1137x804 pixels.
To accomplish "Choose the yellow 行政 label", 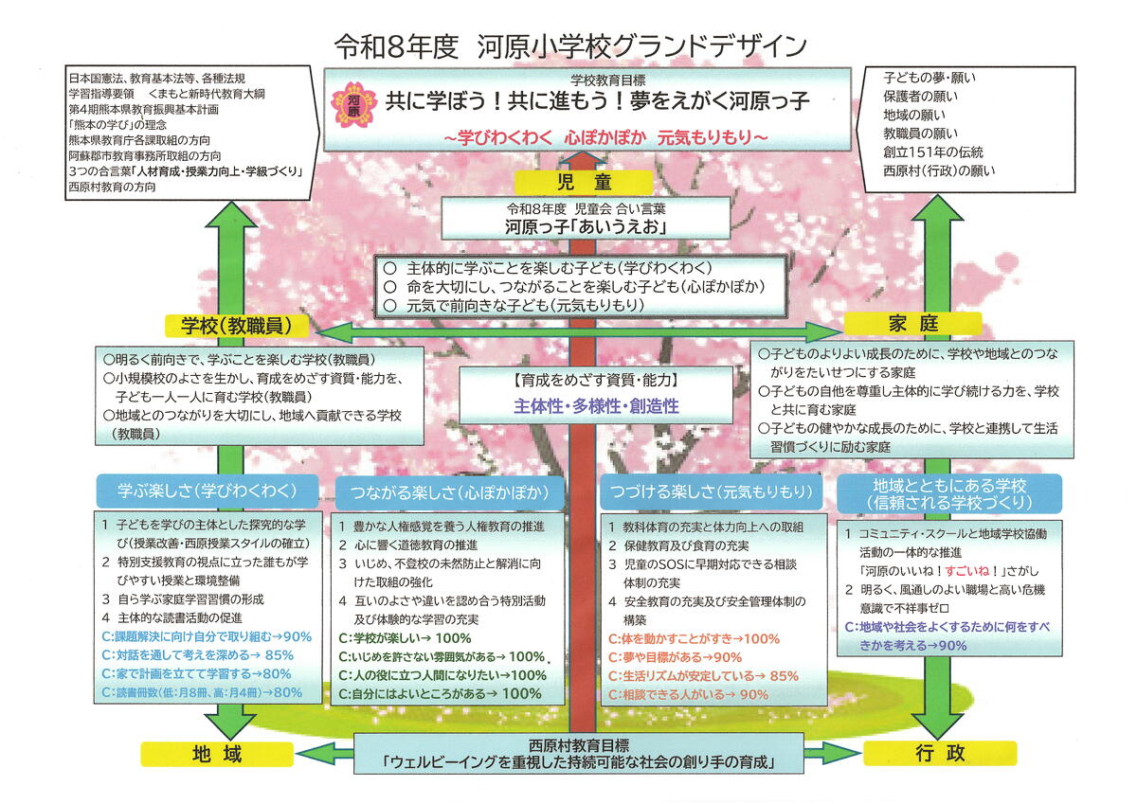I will point(940,753).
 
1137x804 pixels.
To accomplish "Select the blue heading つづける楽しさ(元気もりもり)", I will point(708,492).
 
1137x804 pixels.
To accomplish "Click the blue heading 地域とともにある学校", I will point(948,492).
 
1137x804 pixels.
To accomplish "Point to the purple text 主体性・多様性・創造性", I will point(597,405).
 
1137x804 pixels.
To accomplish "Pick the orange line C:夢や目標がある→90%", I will point(675,657).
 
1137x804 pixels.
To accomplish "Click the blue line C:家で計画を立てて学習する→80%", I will point(196,673).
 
